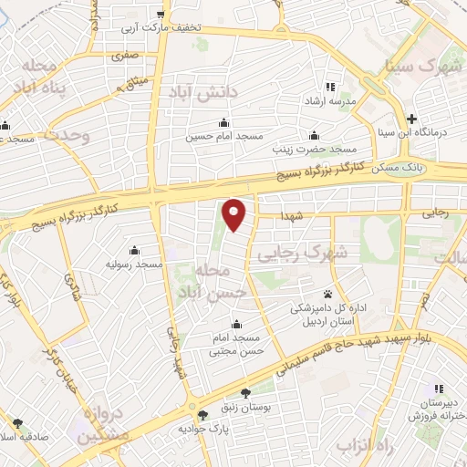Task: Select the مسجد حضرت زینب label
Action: tap(318, 148)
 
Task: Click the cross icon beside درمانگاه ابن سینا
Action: tap(411, 118)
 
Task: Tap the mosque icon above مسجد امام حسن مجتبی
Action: tap(236, 324)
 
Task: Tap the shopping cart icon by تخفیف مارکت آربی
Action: tap(161, 14)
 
